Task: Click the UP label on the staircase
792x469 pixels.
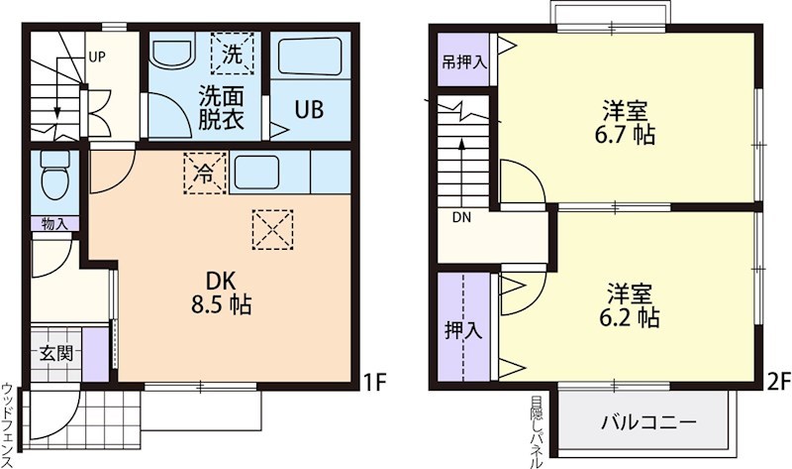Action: (96, 56)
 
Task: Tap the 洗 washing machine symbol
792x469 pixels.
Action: (232, 55)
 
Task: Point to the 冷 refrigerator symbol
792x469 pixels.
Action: (205, 173)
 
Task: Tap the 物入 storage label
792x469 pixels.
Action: (54, 224)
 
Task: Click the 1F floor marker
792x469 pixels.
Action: (373, 380)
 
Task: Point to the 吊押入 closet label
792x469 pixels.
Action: (464, 62)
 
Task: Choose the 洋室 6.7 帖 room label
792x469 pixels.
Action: (628, 122)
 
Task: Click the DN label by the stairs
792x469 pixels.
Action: (462, 217)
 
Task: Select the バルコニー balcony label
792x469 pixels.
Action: (648, 422)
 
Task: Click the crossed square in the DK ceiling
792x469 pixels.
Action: (273, 228)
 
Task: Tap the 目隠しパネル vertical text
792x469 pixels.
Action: (536, 432)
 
